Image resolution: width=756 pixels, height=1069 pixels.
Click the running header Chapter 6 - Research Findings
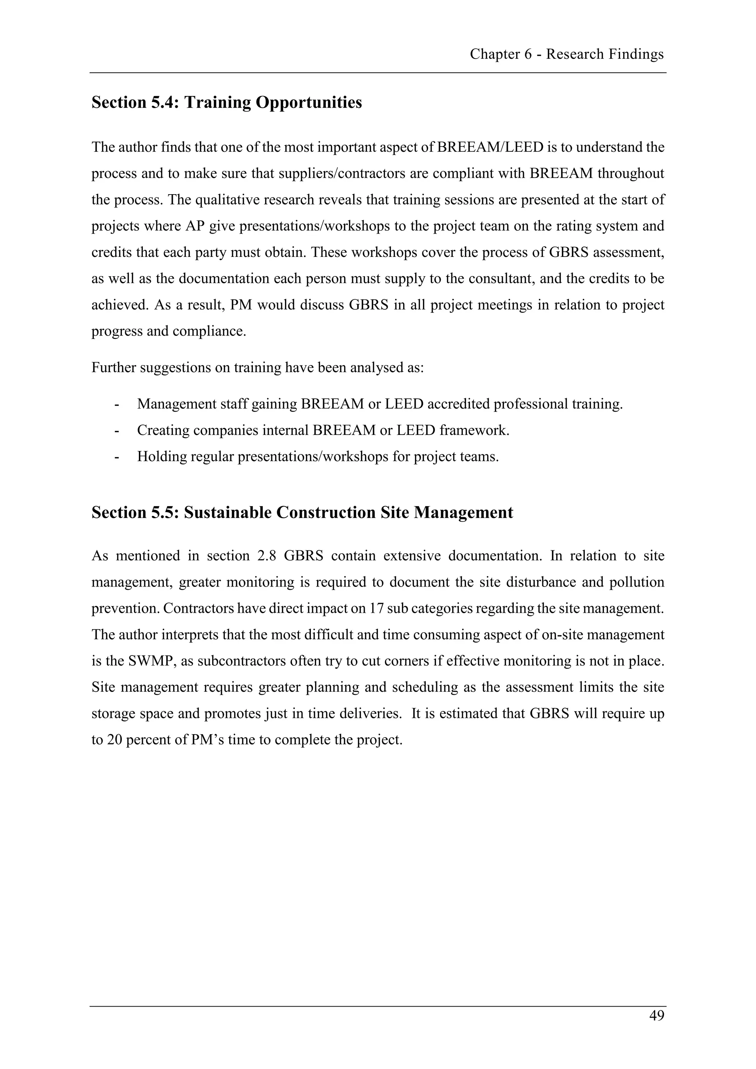pos(567,55)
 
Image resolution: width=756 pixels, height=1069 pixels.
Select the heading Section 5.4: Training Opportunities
pos(226,102)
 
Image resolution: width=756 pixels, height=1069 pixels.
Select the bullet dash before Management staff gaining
pos(116,404)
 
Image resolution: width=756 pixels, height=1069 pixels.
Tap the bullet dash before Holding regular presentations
pos(116,457)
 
